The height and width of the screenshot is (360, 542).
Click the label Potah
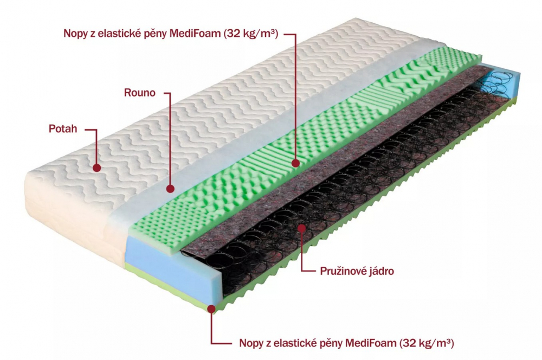[63, 128]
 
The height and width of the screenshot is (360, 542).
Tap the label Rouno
[140, 93]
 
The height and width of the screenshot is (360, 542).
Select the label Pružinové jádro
[357, 271]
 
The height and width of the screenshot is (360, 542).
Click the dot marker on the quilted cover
[97, 168]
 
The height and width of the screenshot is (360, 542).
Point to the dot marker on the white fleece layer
[170, 189]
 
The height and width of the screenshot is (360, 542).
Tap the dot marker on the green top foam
[295, 163]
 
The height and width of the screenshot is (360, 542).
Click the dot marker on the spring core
[302, 228]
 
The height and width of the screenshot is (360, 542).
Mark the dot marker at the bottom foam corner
[211, 308]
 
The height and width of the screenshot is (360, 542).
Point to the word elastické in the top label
[119, 34]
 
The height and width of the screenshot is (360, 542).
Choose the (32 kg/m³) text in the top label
[251, 34]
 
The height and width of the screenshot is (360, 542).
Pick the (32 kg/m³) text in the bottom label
[427, 343]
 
